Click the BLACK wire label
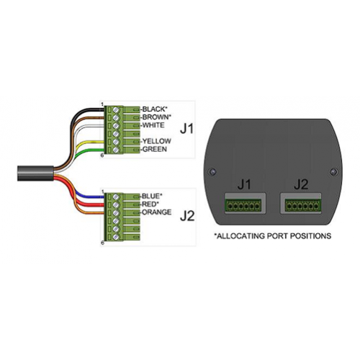tap(155, 109)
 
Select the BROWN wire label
tap(157, 117)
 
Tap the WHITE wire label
tap(153, 125)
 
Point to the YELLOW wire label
tap(157, 141)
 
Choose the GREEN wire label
tap(155, 149)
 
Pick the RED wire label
tap(149, 204)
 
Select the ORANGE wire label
tap(157, 212)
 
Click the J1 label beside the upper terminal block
tap(186, 130)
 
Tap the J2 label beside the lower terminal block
tap(187, 217)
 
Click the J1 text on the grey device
tap(244, 185)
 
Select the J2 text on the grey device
tap(301, 185)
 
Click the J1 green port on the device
tap(243, 205)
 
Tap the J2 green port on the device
tap(303, 205)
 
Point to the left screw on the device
tap(212, 172)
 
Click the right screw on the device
tap(334, 172)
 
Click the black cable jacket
tap(35, 174)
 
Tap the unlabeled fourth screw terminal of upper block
tap(116, 133)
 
